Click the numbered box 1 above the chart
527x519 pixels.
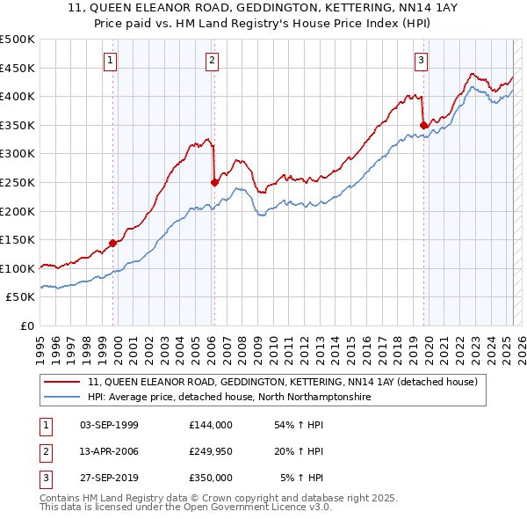pyautogui.click(x=110, y=61)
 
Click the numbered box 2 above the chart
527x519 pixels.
pyautogui.click(x=213, y=61)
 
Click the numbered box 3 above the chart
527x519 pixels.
pyautogui.click(x=422, y=61)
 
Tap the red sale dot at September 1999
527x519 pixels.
pyautogui.click(x=113, y=243)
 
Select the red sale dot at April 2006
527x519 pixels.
pyautogui.click(x=214, y=182)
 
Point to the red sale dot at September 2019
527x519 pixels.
pyautogui.click(x=423, y=125)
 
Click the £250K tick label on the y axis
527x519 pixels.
pyautogui.click(x=18, y=182)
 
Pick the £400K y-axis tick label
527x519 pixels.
pyautogui.click(x=18, y=96)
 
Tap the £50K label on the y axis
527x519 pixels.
pyautogui.click(x=21, y=297)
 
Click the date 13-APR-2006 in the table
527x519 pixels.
pyautogui.click(x=109, y=452)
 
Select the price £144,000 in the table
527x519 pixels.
pyautogui.click(x=211, y=425)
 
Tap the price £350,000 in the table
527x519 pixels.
pyautogui.click(x=211, y=478)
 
